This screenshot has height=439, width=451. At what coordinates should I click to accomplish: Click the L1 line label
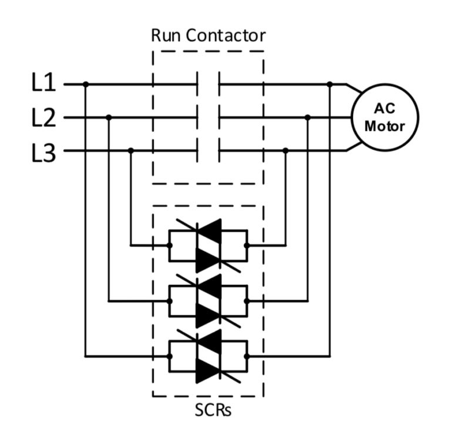[x=43, y=83]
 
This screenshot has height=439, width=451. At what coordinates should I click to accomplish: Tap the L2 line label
[x=43, y=117]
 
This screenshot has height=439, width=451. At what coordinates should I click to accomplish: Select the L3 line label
[x=43, y=153]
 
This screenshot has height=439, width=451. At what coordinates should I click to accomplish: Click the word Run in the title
[x=166, y=36]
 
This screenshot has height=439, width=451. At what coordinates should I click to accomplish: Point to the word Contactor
[x=225, y=36]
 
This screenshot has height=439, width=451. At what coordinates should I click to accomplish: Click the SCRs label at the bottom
[x=213, y=410]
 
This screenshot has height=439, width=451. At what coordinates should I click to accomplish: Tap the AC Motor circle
[x=385, y=117]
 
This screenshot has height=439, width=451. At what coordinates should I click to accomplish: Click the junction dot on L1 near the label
[x=86, y=84]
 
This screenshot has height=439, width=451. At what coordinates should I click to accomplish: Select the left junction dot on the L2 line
[x=109, y=117]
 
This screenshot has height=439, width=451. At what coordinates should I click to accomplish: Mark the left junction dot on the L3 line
[x=131, y=151]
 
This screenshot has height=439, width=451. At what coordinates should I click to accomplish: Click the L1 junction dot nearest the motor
[x=330, y=84]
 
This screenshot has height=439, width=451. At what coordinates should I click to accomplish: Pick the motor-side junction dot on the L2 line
[x=308, y=117]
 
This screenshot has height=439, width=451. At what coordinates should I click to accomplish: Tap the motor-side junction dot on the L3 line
[x=285, y=151]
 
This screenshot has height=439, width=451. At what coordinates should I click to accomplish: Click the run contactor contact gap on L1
[x=208, y=84]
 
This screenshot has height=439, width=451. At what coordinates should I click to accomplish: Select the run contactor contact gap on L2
[x=208, y=117]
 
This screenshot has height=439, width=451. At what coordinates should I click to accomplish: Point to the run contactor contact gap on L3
[x=208, y=151]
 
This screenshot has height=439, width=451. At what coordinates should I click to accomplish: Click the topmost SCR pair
[x=208, y=246]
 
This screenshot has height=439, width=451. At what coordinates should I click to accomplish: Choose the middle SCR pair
[x=208, y=301]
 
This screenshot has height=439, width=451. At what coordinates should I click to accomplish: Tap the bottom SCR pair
[x=208, y=356]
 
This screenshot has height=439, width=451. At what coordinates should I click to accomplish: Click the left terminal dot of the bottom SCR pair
[x=170, y=356]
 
